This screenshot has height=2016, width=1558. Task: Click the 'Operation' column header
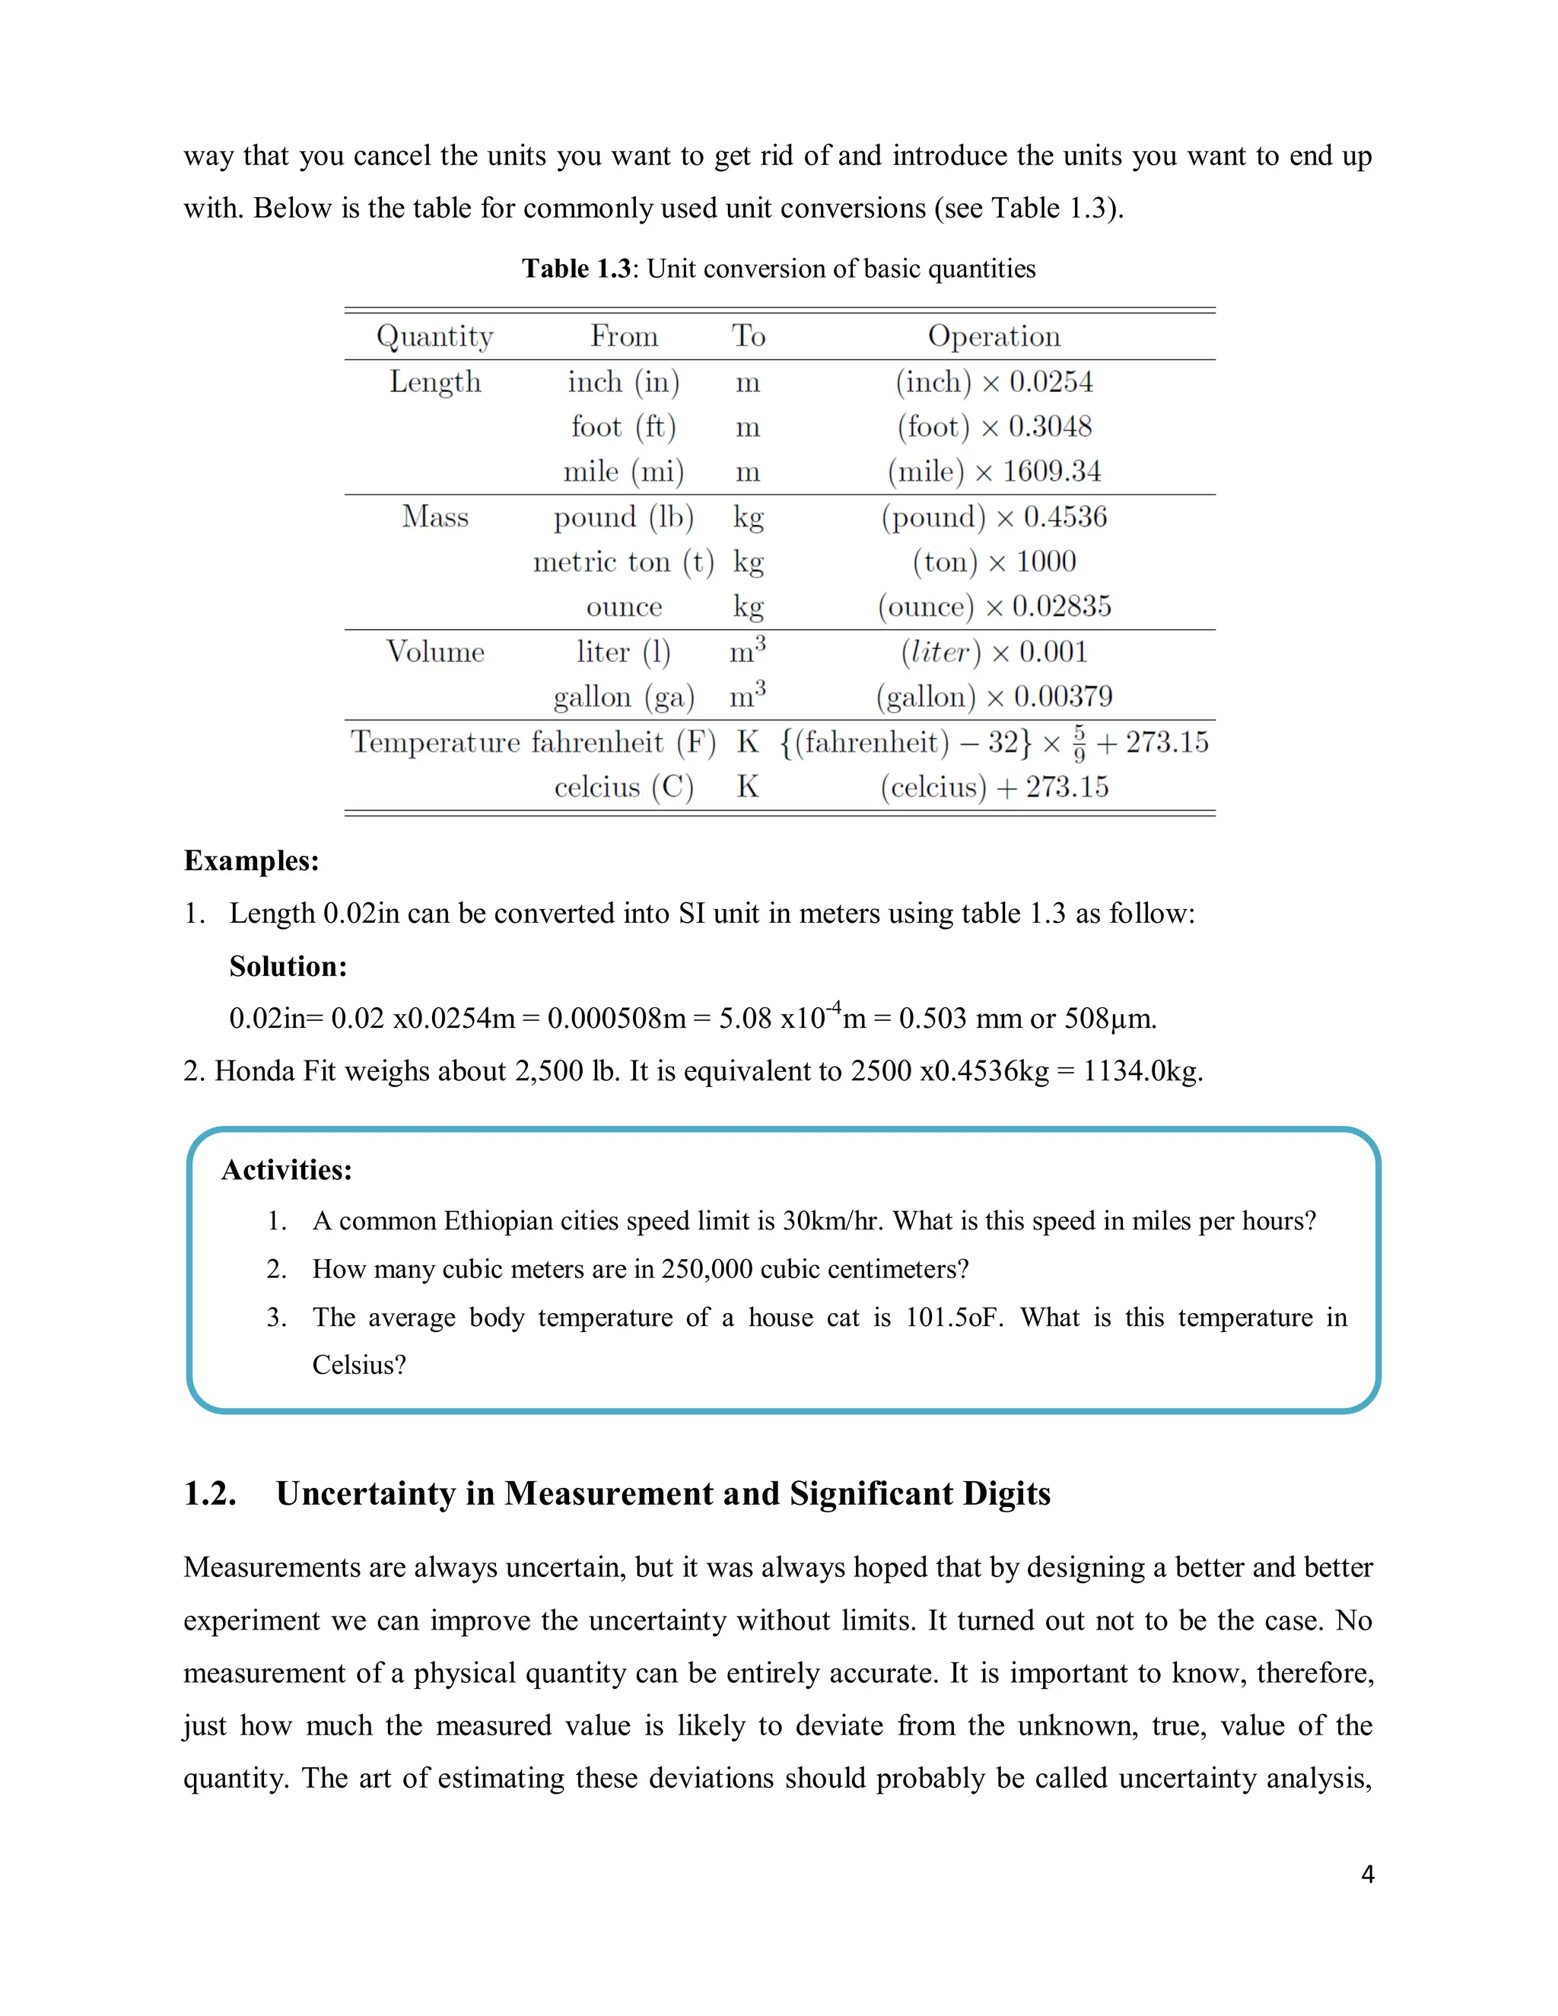point(994,336)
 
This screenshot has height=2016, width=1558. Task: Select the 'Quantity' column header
point(434,336)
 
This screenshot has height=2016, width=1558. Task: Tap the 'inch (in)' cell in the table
point(624,381)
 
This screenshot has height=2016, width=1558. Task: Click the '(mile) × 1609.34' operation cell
point(994,472)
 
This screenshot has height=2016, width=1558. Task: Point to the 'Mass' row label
point(434,517)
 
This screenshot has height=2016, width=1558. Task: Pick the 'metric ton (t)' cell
point(624,562)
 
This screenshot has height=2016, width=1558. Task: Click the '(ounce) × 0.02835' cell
point(994,606)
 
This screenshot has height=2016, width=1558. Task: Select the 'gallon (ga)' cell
point(624,697)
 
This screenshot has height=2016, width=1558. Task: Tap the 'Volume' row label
point(434,652)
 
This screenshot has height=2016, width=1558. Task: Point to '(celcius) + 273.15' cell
point(994,787)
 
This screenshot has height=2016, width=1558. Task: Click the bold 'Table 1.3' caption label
point(576,269)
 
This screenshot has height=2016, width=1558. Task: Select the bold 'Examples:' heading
point(251,860)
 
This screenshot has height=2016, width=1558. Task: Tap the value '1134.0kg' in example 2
point(1142,1071)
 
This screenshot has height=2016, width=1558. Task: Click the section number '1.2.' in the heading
point(211,1493)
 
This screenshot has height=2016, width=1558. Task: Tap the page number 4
point(1367,1874)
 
